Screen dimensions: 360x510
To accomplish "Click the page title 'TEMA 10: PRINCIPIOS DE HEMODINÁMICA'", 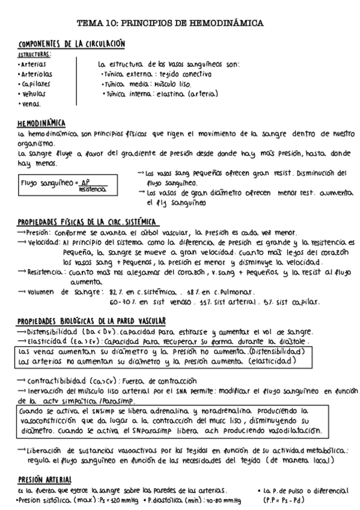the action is click(x=179, y=23).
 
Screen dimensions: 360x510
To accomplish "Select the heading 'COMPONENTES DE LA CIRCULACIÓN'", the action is click(x=71, y=45).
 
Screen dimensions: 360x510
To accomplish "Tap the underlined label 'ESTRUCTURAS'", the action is click(x=34, y=54).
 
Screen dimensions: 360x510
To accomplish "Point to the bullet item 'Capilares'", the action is click(x=34, y=84).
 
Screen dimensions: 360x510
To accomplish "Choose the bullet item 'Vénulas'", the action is click(x=34, y=94).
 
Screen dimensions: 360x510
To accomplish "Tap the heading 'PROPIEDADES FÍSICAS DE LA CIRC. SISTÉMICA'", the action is click(x=87, y=222).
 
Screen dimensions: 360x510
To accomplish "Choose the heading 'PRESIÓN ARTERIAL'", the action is click(x=45, y=480).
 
